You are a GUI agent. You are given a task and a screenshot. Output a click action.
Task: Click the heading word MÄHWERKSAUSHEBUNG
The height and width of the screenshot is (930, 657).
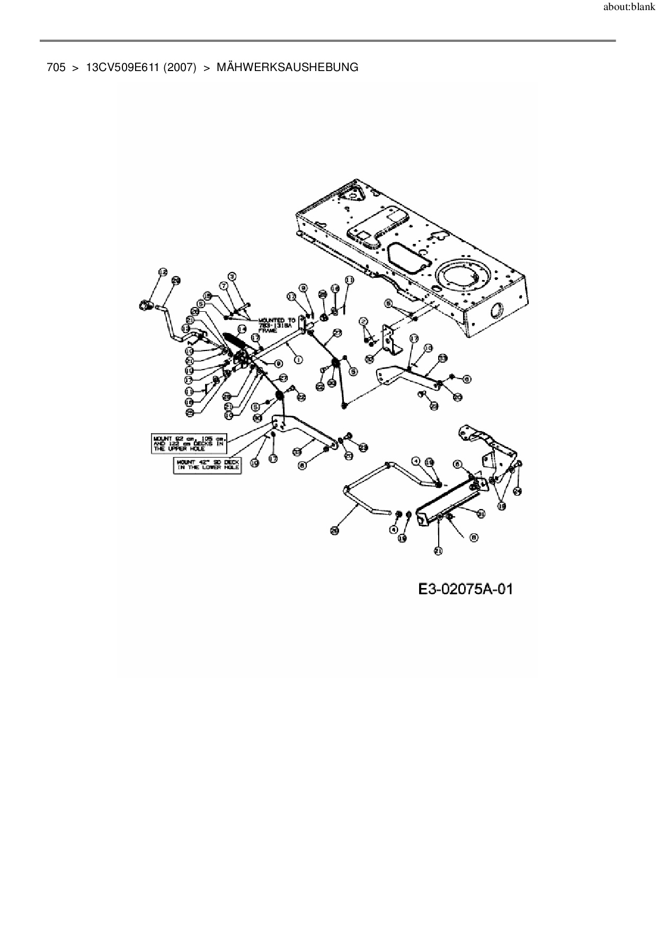(x=287, y=67)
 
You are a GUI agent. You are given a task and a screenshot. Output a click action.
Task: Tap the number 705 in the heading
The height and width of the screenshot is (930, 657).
(x=56, y=67)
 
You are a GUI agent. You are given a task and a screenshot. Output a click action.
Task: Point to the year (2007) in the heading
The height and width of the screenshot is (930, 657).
(x=180, y=67)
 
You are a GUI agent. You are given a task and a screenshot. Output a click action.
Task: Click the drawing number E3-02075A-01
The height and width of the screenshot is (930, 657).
(x=465, y=589)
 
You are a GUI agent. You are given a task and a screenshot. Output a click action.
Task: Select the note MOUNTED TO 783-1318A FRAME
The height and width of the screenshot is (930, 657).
(x=277, y=325)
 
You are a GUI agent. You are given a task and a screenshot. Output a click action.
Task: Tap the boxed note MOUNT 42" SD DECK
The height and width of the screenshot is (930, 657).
(x=208, y=466)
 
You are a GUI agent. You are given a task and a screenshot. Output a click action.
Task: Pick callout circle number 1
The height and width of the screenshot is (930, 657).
(x=298, y=360)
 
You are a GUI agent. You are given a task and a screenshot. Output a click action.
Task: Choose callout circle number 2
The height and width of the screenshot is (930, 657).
(x=363, y=322)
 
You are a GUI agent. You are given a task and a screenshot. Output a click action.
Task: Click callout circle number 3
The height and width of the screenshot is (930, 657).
(x=232, y=276)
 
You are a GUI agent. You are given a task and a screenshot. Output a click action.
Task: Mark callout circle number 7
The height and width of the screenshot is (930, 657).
(x=223, y=285)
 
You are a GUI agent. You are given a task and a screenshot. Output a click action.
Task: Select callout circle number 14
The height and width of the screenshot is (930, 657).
(x=242, y=329)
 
